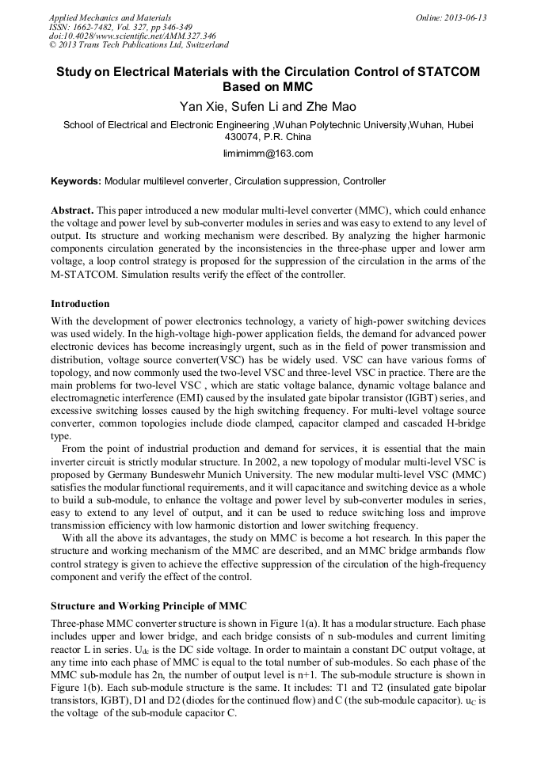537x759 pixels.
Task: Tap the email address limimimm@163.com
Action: tap(268, 153)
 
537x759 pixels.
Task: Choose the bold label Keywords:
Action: tap(76, 181)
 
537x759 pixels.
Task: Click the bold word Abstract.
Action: tap(72, 212)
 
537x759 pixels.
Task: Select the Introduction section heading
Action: tap(80, 304)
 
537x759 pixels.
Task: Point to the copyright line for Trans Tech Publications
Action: tap(139, 46)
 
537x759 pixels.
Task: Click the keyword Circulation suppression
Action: tap(286, 181)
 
